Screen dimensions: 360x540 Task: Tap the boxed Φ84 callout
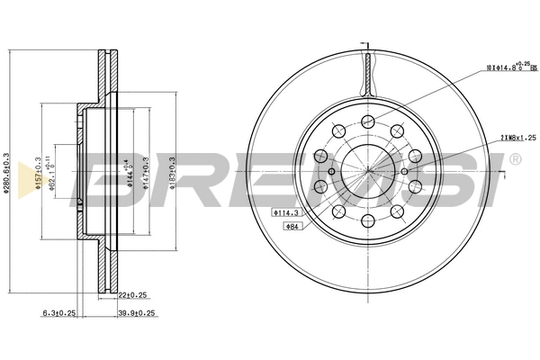point(292,226)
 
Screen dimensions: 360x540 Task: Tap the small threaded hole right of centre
point(406,172)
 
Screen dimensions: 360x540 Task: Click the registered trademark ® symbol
point(514,160)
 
